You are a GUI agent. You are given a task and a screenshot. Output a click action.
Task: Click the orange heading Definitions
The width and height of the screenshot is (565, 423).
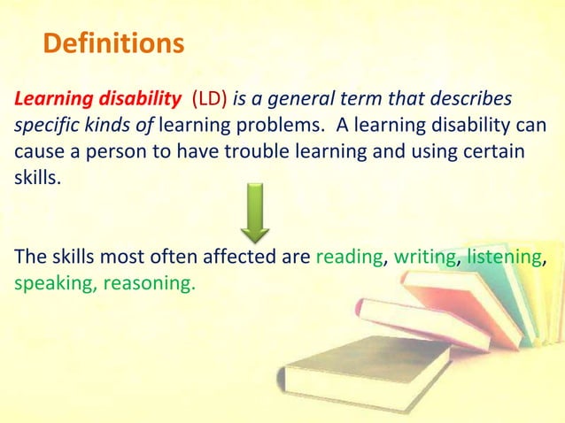[113, 43]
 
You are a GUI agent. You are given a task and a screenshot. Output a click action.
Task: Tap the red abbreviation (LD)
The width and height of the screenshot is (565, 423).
[205, 96]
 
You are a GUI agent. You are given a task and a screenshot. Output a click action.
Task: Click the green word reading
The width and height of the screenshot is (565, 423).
[350, 258]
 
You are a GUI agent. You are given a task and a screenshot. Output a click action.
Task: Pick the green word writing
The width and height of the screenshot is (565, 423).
[424, 258]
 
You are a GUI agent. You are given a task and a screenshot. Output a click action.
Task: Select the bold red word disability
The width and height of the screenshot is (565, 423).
[129, 96]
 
